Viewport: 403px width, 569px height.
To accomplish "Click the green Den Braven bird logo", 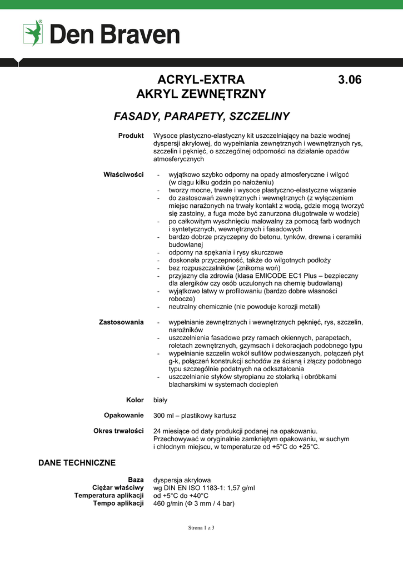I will [x=33, y=33].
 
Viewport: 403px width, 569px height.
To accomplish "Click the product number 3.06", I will [x=350, y=79].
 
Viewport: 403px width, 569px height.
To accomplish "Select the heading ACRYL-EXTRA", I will [x=201, y=79].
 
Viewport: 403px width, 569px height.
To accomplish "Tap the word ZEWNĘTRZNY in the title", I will [x=224, y=94].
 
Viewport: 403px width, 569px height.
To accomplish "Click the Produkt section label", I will [x=131, y=136].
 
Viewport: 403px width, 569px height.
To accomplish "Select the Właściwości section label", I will [x=124, y=174].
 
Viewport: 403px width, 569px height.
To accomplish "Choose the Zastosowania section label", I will [x=121, y=322].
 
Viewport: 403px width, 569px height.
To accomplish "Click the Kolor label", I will [x=135, y=400].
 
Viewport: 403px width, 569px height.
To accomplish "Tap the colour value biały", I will [x=160, y=400].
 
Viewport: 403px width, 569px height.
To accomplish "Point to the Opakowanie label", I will [x=124, y=415].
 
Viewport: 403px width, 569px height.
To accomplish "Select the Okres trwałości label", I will [x=118, y=431].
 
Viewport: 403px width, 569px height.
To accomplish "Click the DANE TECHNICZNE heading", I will [x=77, y=463].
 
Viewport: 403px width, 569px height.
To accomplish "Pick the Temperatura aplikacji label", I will [x=109, y=496].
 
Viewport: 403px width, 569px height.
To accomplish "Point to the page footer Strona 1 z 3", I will [x=201, y=528].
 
